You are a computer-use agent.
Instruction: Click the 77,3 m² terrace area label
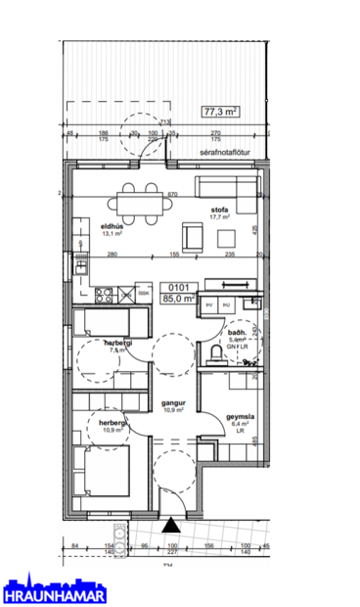(x=221, y=113)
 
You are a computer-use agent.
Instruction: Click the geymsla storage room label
(x=241, y=415)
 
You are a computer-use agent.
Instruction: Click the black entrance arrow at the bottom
(x=171, y=525)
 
